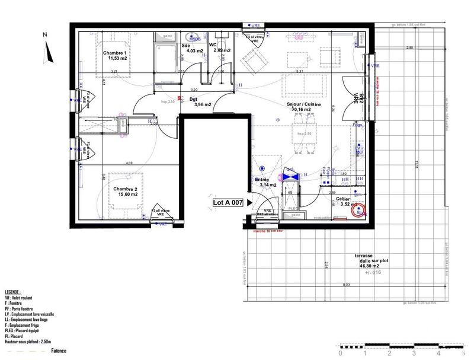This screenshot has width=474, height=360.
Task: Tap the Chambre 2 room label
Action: pos(125,189)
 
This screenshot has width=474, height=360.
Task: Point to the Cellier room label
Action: pos(343,199)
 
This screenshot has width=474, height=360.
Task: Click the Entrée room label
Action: pos(262,179)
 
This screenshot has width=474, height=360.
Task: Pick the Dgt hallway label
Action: pos(194,99)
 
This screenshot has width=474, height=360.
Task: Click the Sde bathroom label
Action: pos(186,45)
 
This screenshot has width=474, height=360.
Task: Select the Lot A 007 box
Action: pos(228,202)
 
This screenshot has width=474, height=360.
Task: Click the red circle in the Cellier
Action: pos(357,209)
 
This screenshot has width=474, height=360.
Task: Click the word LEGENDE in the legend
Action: pos(12,292)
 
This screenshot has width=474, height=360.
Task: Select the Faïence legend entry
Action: pos(57,351)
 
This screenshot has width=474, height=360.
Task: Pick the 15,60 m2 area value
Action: pos(126,194)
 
